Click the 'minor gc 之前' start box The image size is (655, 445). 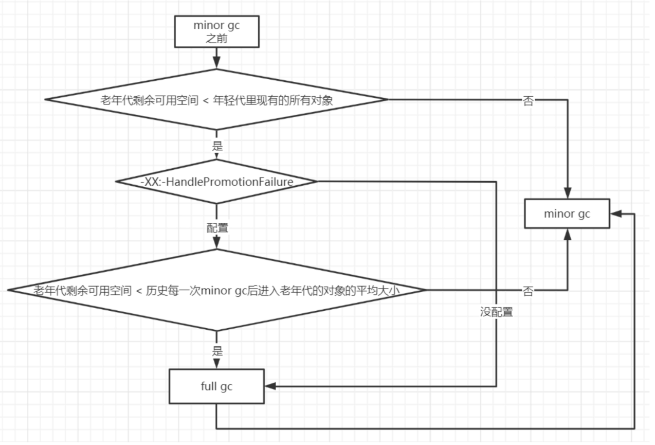point(216,31)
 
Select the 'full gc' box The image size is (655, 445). point(216,386)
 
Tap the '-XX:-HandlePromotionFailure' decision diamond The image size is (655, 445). point(216,182)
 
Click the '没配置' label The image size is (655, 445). point(497,312)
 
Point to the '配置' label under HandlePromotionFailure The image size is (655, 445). point(217,228)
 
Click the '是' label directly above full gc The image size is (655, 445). point(217,352)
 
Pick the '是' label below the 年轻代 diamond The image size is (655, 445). point(217,146)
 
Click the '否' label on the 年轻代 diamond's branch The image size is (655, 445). point(527,100)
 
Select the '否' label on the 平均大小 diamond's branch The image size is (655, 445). point(527,291)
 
